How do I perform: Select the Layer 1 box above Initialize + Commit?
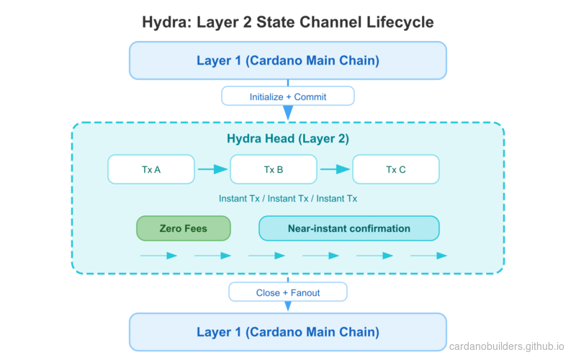[288, 60]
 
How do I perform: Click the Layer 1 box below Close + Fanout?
[288, 332]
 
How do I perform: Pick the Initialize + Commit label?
[288, 96]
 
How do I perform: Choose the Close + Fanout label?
[288, 293]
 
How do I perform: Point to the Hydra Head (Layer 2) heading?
[288, 139]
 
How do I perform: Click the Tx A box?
[151, 170]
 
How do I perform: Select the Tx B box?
[274, 170]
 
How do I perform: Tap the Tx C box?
[396, 170]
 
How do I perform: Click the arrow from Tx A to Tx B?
[212, 170]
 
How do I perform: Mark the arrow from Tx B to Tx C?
[335, 170]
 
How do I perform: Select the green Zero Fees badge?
[184, 229]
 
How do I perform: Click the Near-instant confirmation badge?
[349, 229]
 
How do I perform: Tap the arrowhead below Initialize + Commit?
[288, 113]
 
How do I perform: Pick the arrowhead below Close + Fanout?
[288, 307]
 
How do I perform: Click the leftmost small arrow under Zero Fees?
[159, 256]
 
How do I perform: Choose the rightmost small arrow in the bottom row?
[429, 256]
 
